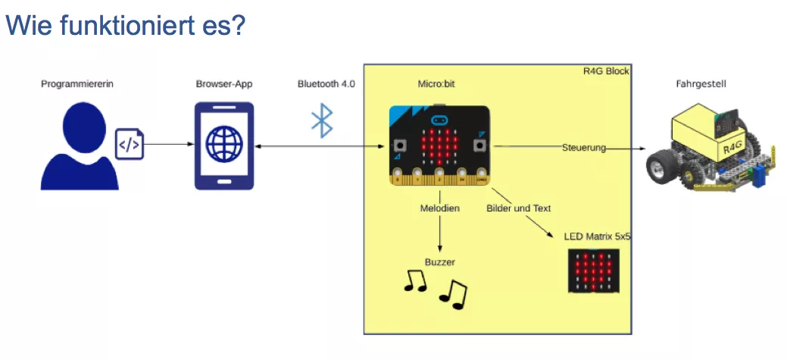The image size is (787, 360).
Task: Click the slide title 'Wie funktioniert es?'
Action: [x=126, y=25]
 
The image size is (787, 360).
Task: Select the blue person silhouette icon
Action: [x=79, y=148]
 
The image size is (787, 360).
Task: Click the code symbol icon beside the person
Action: [x=129, y=144]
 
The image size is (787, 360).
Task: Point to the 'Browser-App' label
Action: [x=224, y=84]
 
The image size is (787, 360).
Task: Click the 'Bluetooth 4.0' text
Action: [x=326, y=84]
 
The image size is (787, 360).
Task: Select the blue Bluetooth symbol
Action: [x=323, y=121]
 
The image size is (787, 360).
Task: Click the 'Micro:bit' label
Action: [x=438, y=84]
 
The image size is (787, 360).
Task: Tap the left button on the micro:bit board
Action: [x=399, y=144]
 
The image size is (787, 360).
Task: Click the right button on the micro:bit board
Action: [x=479, y=144]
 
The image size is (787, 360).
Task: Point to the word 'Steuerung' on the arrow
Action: [x=584, y=148]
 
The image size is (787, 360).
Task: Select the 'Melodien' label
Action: [x=440, y=208]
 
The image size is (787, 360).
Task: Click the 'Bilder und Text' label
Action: [x=519, y=208]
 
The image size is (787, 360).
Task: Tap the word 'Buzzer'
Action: [x=440, y=262]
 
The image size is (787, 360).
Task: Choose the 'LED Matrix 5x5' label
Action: [x=598, y=236]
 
